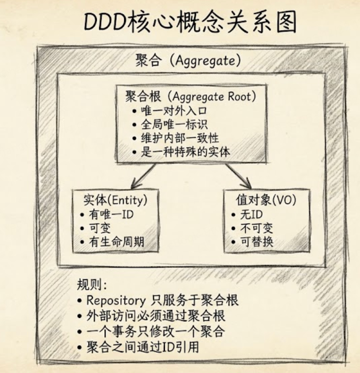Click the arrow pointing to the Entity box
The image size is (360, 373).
pyautogui.click(x=143, y=177)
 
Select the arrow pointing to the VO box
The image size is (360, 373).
pyautogui.click(x=238, y=176)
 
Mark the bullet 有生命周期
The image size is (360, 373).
pyautogui.click(x=116, y=242)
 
